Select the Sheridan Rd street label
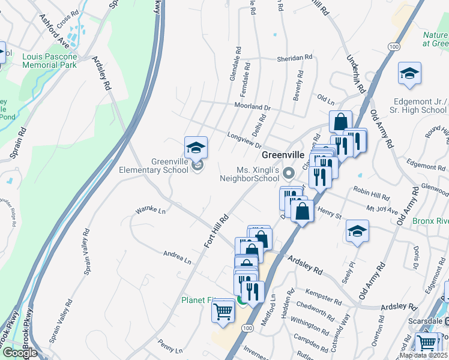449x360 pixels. tap(295, 58)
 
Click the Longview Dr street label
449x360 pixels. tap(245, 140)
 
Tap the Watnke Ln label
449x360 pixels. tap(150, 210)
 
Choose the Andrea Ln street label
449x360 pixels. tap(177, 257)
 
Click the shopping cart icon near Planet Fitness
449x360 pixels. tap(223, 312)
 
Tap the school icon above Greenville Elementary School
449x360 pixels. tap(196, 147)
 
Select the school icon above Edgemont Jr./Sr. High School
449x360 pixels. tap(409, 73)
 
